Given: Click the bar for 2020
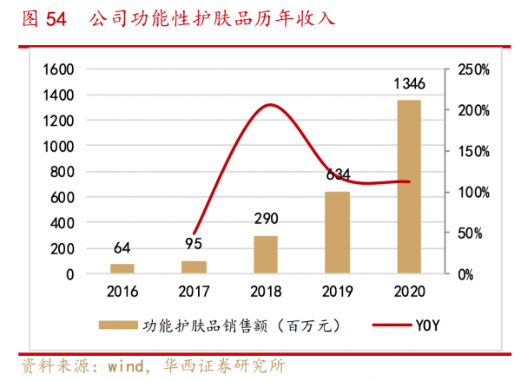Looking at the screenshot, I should coord(408,187).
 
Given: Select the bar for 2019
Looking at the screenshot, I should coord(337,233).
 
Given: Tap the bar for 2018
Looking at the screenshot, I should coord(266,254).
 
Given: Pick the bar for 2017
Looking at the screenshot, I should coord(195,267).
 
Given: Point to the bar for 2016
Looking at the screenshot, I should coord(122,269).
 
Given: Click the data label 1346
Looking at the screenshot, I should coord(408,84).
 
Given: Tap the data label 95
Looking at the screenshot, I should coord(195,244).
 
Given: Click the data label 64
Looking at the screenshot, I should coord(122,248).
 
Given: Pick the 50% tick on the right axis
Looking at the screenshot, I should coord(471,233).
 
